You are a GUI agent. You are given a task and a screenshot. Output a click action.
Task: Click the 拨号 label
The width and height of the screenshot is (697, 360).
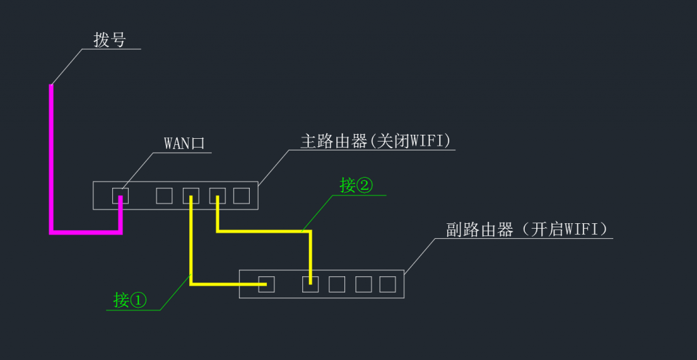(x=110, y=39)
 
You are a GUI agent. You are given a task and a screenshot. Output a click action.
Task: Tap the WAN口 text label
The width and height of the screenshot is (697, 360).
(x=184, y=144)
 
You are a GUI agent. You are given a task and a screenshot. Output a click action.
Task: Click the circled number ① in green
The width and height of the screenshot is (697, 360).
(x=138, y=300)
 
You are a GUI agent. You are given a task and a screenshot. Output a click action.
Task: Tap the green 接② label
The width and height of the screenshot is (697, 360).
(x=357, y=185)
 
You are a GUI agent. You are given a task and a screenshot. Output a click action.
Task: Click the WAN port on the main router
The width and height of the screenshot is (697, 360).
(x=120, y=196)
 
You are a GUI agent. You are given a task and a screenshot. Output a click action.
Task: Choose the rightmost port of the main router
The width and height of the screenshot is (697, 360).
(x=242, y=196)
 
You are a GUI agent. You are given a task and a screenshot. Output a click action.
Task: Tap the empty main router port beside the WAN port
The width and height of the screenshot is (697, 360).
(x=164, y=196)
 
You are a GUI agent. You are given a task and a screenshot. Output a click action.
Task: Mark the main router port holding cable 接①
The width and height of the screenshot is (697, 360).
(x=191, y=196)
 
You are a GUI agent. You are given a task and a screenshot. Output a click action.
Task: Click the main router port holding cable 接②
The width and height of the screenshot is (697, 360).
(x=217, y=196)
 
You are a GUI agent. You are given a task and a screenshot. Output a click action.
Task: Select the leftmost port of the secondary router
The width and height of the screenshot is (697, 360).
(x=266, y=284)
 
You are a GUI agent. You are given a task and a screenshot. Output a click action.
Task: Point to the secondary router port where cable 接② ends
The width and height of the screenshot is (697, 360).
(x=310, y=284)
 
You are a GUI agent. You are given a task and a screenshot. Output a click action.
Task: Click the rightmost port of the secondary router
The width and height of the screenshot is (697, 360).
(x=387, y=284)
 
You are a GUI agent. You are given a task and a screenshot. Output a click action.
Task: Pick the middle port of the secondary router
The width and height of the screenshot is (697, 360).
(x=337, y=284)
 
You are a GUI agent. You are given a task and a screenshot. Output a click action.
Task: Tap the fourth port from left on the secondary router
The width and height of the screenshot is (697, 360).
(x=363, y=284)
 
